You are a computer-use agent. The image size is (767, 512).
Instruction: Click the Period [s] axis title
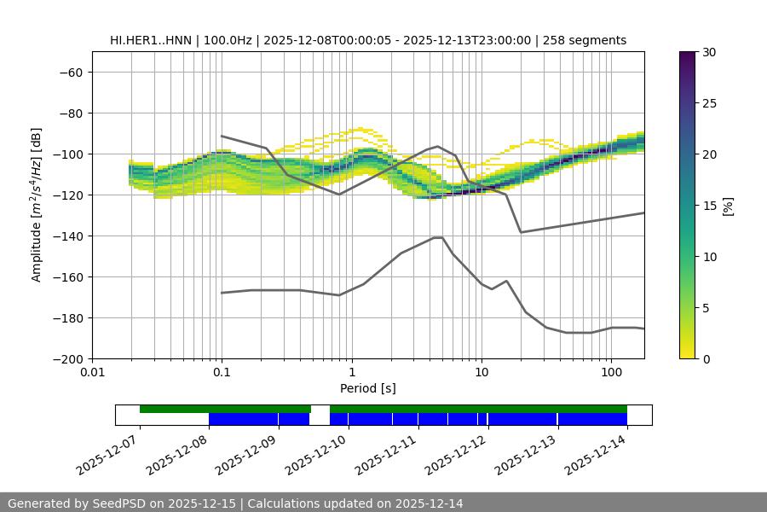[x=367, y=388]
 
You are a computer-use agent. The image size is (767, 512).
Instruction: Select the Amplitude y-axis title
[x=37, y=205]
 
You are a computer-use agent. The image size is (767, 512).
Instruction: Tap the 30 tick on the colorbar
[x=708, y=52]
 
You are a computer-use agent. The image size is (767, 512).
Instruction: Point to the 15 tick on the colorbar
[x=708, y=206]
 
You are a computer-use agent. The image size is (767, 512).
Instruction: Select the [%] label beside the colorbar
[x=727, y=206]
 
